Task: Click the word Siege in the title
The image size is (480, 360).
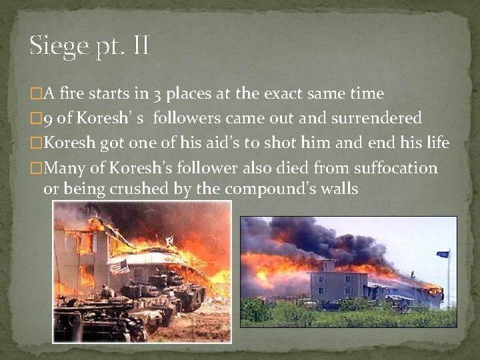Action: tap(58, 47)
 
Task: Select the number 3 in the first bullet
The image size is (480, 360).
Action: tap(158, 94)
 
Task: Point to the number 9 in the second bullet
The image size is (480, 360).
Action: tap(47, 119)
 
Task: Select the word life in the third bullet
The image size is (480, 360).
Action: tap(436, 143)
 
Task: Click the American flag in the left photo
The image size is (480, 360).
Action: tap(119, 267)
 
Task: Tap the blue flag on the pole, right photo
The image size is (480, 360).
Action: tap(443, 254)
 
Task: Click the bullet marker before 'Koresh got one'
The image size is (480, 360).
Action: tap(37, 143)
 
